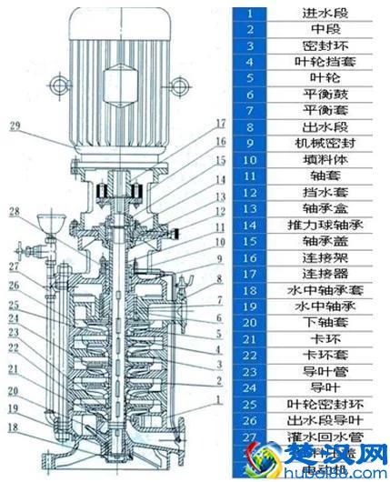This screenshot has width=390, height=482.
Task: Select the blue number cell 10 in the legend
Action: (256, 159)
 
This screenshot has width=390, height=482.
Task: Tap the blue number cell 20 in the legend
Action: (256, 322)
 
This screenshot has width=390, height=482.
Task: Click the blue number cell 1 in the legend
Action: (256, 14)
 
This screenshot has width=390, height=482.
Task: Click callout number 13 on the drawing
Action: (219, 195)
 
